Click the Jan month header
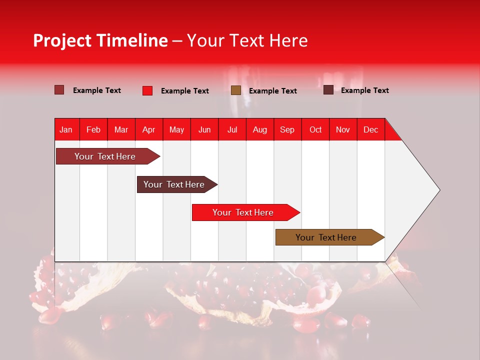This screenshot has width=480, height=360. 66,129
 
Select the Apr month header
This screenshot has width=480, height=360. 148,129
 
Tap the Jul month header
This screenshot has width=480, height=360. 232,129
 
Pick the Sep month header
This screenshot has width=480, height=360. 287,129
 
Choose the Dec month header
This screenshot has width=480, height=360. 370,129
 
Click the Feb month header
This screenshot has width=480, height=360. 93,129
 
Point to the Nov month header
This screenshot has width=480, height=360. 343,129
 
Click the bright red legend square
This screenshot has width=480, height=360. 147,90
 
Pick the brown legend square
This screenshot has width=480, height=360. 236,90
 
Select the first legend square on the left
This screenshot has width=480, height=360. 59,90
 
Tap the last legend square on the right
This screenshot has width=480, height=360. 328,90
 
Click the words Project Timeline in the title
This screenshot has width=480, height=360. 100,40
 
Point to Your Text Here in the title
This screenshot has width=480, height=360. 247,40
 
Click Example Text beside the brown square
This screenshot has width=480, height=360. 272,91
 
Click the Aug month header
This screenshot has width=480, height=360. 260,129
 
